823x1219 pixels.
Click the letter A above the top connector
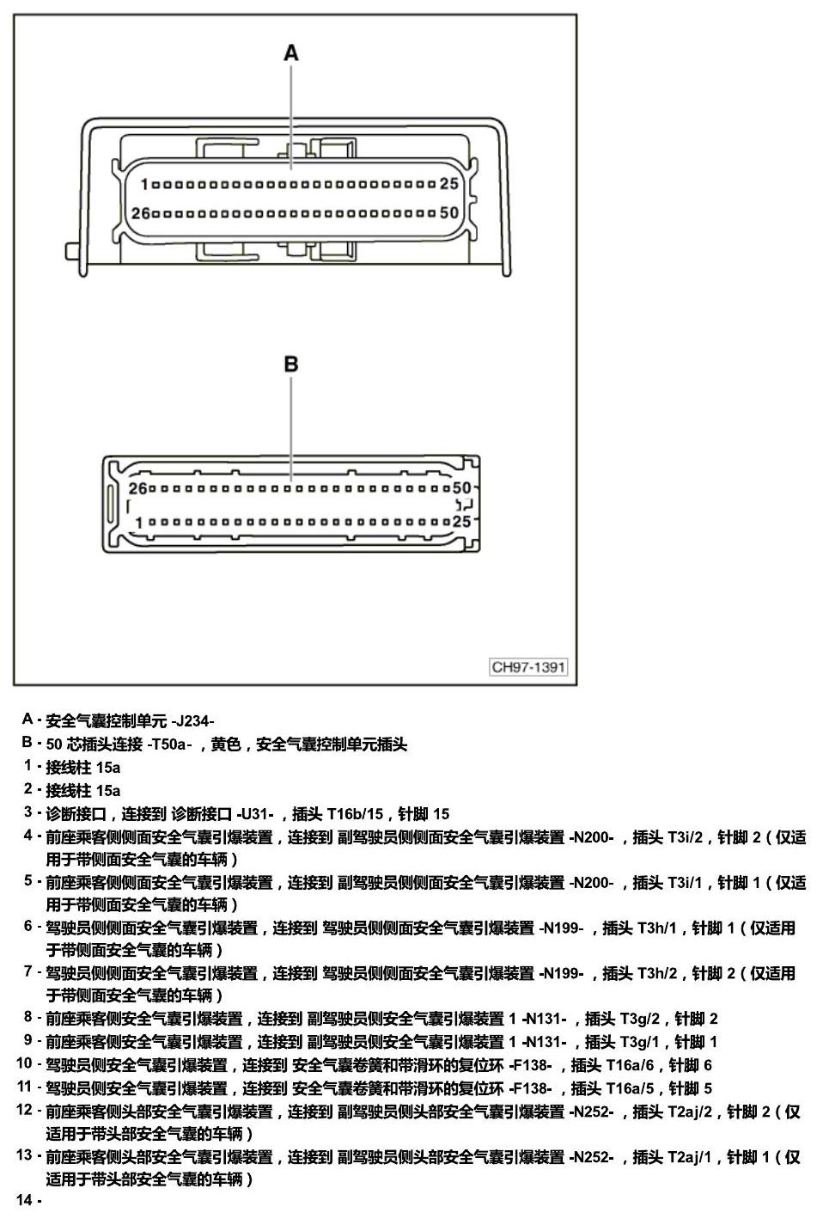coord(291,53)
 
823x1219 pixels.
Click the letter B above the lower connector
coord(291,364)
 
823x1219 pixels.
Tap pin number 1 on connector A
coord(144,185)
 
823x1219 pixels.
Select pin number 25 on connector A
coord(448,184)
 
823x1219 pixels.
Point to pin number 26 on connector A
coord(140,213)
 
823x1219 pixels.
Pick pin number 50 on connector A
coord(449,212)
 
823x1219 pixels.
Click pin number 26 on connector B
coord(137,488)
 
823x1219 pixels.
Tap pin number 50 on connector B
coord(462,487)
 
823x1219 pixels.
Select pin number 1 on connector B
coord(138,523)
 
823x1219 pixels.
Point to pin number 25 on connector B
coord(462,521)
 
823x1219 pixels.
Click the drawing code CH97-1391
coord(528,667)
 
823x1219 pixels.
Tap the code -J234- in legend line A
coord(192,721)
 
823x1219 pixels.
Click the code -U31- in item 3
coord(255,814)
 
